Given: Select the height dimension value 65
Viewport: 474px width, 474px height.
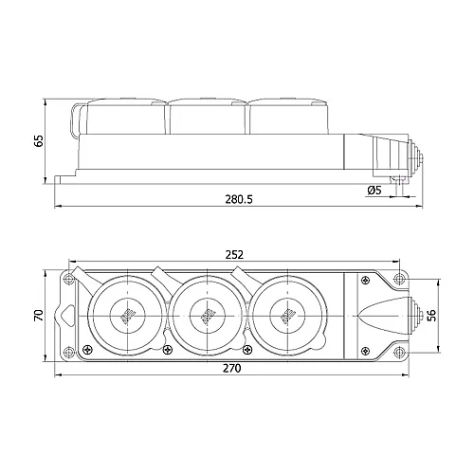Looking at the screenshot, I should [38, 140].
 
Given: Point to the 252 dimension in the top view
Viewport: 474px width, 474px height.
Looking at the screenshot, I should [236, 254].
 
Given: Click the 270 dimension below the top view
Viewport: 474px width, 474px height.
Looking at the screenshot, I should [229, 368].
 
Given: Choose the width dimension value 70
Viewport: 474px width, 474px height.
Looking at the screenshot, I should [39, 313].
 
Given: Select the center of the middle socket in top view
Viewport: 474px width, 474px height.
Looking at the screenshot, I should [204, 313].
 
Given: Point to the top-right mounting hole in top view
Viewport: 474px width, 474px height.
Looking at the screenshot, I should [399, 278].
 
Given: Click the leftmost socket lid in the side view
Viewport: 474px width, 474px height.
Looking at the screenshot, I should [123, 116].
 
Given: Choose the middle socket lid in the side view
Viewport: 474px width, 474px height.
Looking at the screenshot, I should [207, 116].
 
